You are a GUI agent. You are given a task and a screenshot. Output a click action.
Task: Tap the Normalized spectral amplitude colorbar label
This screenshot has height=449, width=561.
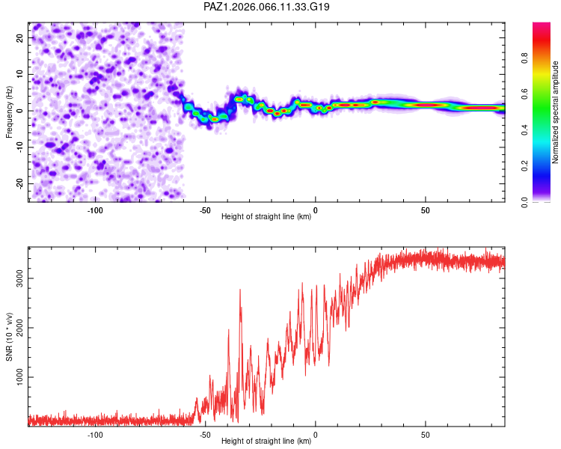click(556, 112)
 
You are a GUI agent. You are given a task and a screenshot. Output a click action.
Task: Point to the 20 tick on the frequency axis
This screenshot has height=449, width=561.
click(19, 37)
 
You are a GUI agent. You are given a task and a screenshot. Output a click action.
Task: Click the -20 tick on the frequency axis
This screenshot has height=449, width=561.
click(18, 184)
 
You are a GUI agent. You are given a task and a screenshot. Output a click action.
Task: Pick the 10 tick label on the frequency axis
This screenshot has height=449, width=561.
click(19, 74)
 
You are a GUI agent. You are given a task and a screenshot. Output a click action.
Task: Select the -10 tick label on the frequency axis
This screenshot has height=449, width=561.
click(18, 147)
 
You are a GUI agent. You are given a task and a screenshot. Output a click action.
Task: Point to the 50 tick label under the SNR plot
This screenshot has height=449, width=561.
click(426, 435)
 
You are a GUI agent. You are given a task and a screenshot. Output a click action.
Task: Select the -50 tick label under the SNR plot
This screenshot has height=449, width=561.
click(205, 435)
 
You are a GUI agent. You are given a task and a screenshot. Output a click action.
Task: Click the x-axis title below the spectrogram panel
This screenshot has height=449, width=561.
click(266, 218)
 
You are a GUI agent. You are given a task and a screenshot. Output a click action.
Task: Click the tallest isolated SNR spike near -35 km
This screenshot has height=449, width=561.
click(240, 290)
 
